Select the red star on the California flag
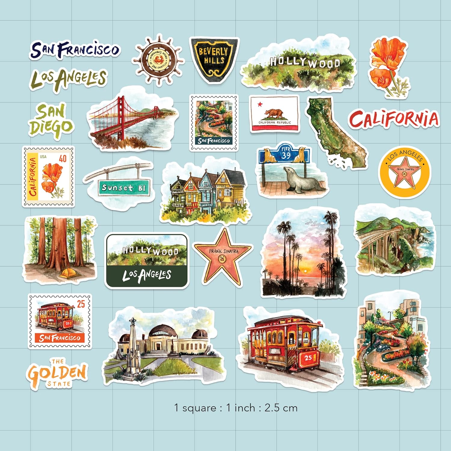pyautogui.click(x=260, y=104)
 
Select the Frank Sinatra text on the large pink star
pyautogui.click(x=223, y=251)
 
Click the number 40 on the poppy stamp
pyautogui.click(x=63, y=158)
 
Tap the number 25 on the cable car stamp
pyautogui.click(x=81, y=304)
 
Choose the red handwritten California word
pyautogui.click(x=394, y=119)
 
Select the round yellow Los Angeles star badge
pyautogui.click(x=404, y=172)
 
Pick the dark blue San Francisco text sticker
pyautogui.click(x=75, y=50)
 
